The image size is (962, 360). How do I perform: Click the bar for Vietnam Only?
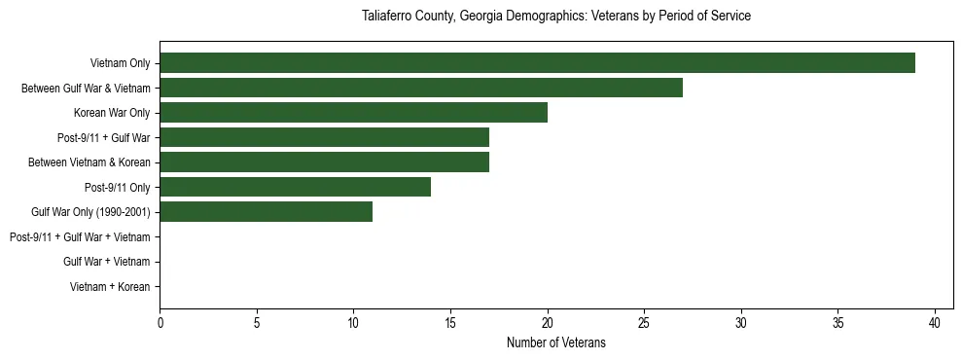[537, 63]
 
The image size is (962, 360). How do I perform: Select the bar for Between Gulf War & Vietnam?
[421, 89]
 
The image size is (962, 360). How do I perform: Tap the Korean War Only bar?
[353, 113]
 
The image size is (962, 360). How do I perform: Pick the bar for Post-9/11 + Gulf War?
[324, 137]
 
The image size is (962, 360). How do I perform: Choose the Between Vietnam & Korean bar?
[324, 162]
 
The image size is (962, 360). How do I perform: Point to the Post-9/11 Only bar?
[295, 187]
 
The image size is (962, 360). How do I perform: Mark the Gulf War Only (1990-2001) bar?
[266, 211]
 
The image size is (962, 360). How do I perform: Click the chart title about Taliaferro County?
[555, 17]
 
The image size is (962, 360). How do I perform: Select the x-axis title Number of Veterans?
[555, 342]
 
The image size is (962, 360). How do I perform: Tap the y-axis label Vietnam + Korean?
[110, 287]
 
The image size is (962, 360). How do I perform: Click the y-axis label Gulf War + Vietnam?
[106, 262]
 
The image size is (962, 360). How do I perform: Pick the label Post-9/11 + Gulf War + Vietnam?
[80, 236]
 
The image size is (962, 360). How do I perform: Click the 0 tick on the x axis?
[160, 323]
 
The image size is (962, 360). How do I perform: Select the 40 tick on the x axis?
[935, 323]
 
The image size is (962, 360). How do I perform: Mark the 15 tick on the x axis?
[450, 323]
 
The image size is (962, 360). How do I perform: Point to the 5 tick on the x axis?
[257, 323]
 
